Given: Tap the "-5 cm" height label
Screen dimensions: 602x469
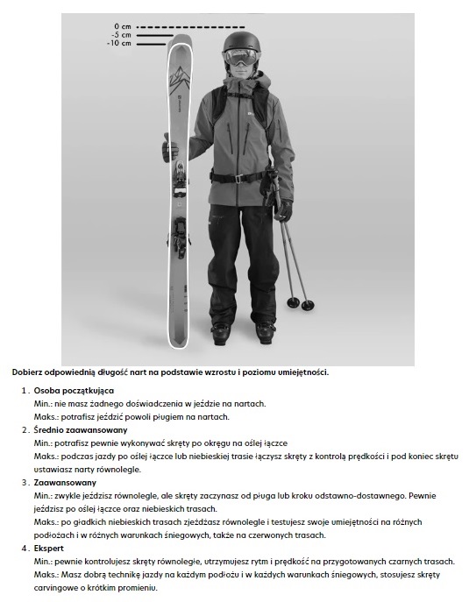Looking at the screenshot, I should pos(120,35).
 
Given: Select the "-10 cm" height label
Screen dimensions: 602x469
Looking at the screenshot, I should pos(118,43).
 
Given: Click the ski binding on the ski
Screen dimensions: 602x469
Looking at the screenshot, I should pos(179,180).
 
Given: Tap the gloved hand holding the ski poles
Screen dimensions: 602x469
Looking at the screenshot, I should pos(282,210).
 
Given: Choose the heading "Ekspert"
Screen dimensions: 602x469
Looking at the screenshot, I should pos(50,548).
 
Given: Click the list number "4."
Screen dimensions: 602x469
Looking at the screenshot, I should pos(25,548).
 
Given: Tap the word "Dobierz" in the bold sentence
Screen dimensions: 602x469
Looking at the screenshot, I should pos(30,372).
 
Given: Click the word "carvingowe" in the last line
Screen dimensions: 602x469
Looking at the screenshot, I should pos(64,588).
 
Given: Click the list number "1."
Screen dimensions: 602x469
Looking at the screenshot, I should pos(25,389).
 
